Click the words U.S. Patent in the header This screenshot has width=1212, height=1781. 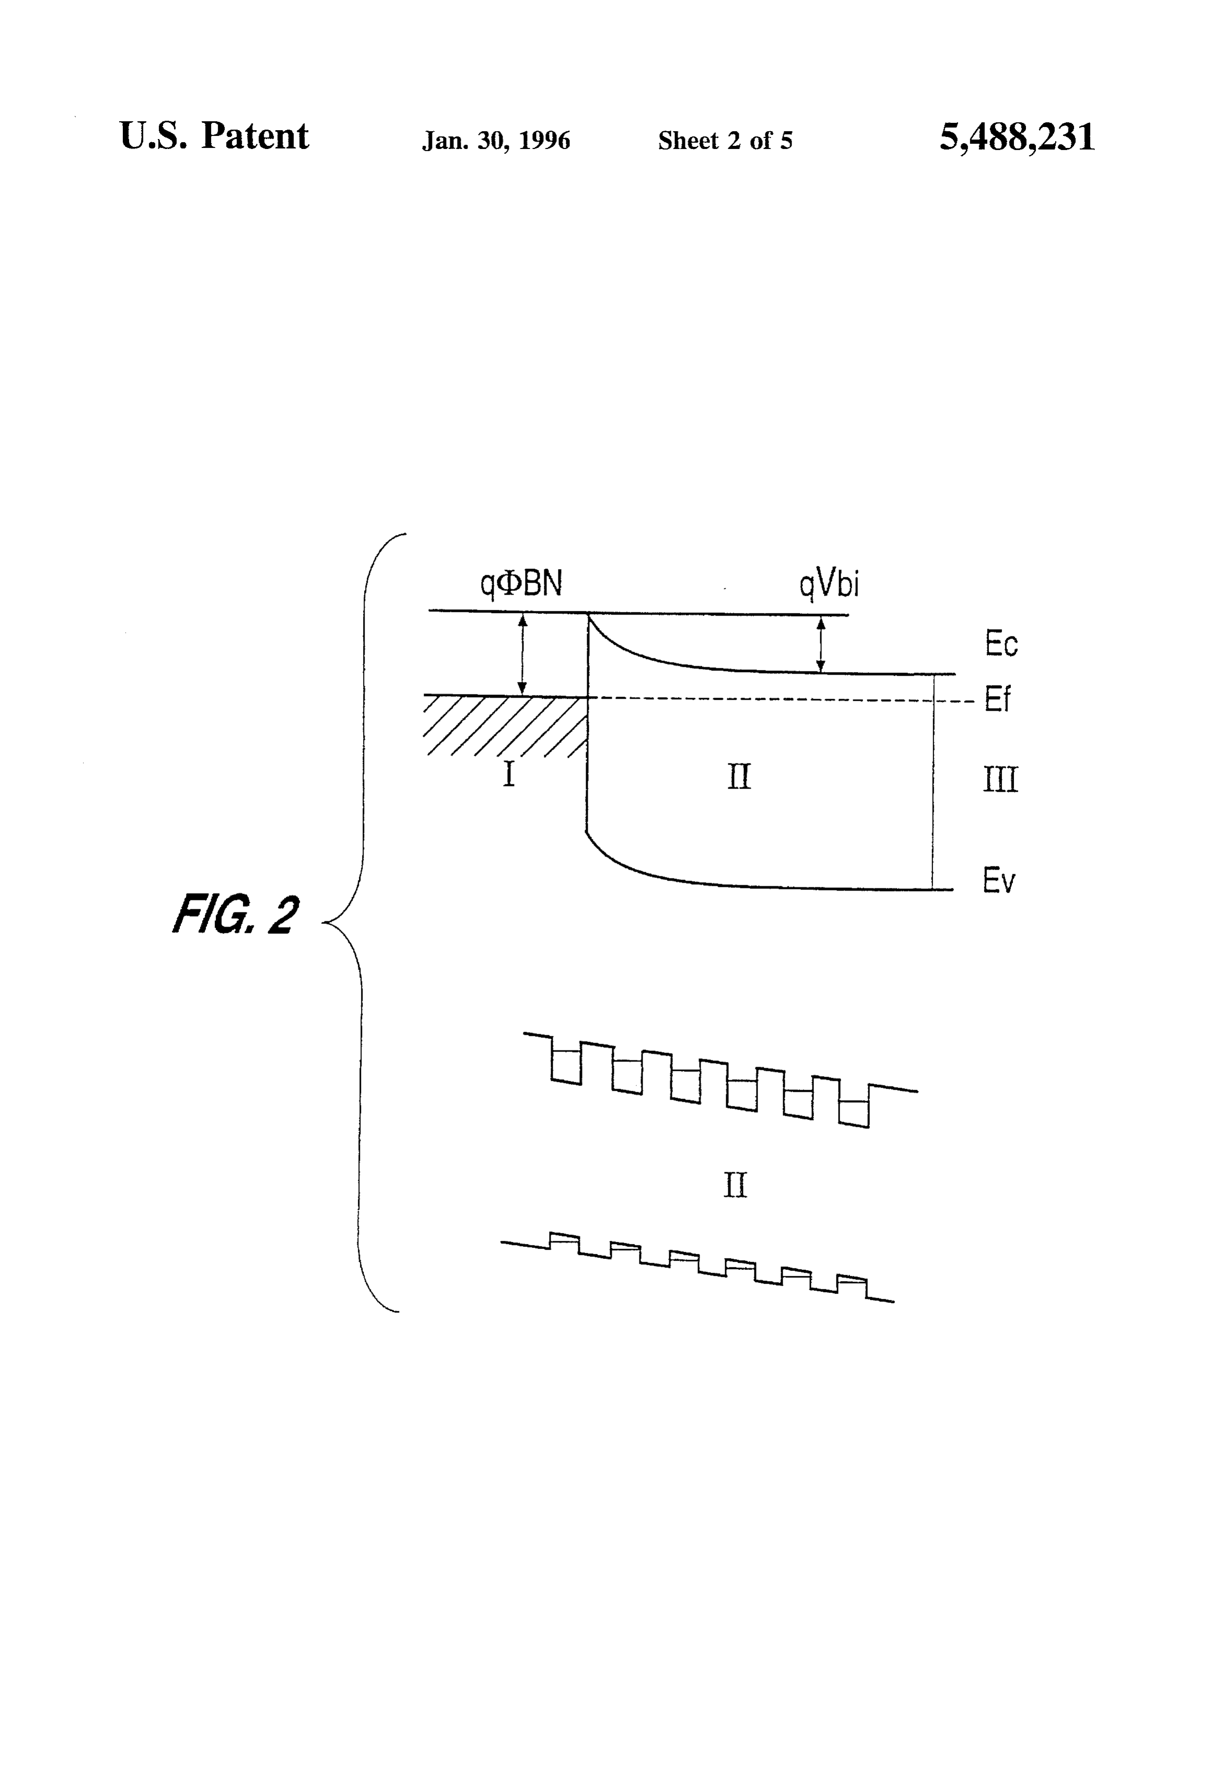[x=214, y=136]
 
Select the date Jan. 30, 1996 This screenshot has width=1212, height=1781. [x=496, y=140]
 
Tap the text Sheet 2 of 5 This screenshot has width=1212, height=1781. [x=725, y=140]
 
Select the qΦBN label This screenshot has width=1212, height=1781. [x=521, y=583]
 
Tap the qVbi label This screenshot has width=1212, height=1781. [x=829, y=584]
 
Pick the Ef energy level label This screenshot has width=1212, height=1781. [x=997, y=698]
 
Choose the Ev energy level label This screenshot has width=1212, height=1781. [x=999, y=881]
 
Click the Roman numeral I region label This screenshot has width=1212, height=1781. [x=508, y=775]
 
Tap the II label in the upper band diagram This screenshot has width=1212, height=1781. [x=739, y=777]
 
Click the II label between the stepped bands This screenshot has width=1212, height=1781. [x=735, y=1186]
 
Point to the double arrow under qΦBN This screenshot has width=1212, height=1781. [x=523, y=654]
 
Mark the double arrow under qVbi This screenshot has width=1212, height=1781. [x=821, y=644]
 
